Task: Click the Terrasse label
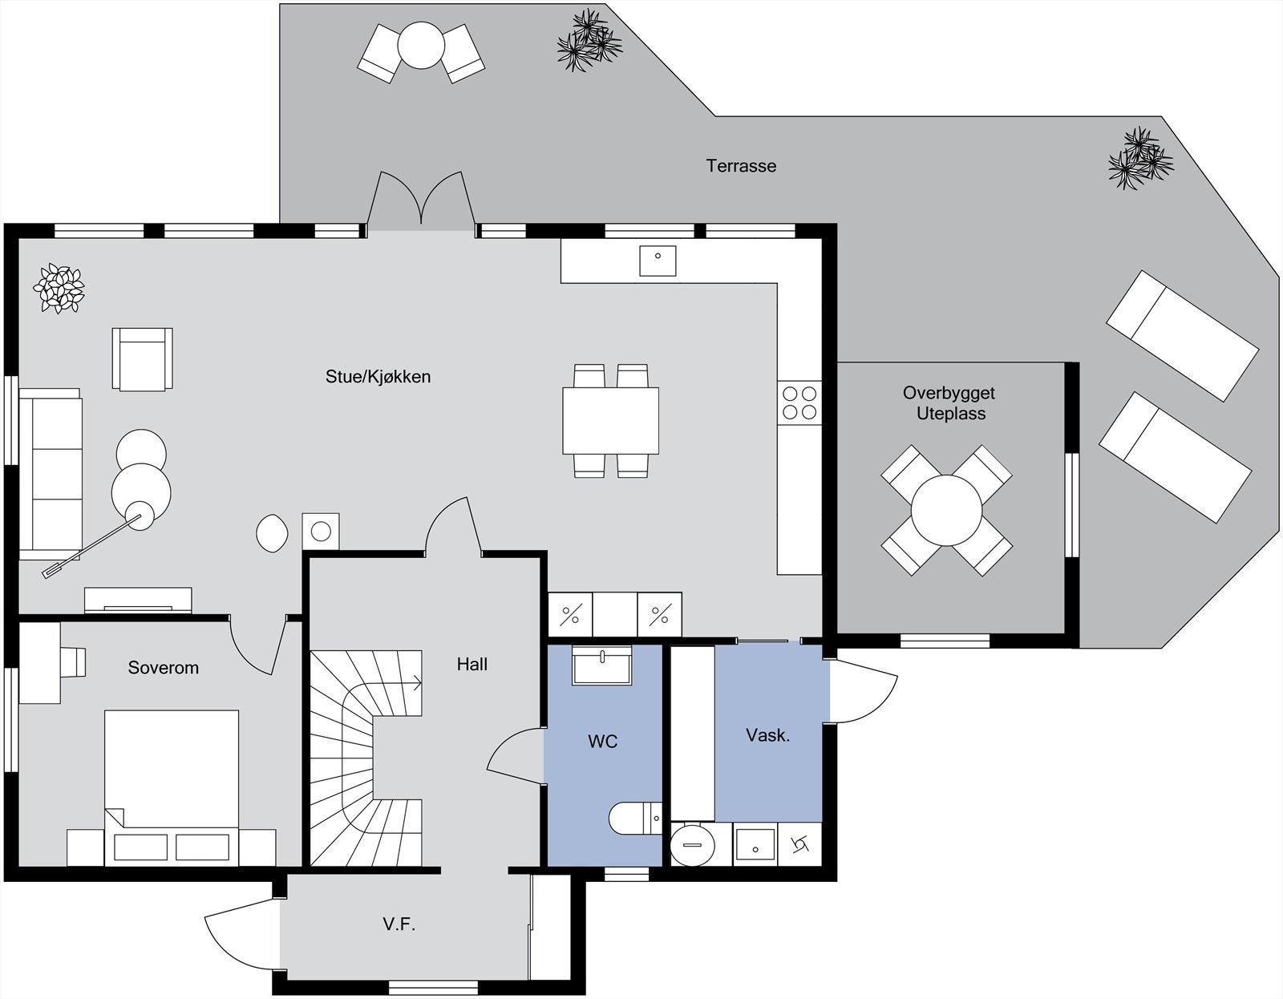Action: tap(741, 166)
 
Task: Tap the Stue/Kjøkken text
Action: tap(378, 377)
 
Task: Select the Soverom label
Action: tap(163, 667)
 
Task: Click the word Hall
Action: tap(472, 665)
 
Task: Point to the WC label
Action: tap(603, 741)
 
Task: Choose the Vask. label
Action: tap(767, 735)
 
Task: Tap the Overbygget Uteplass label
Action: tap(949, 403)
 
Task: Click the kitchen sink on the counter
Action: tap(658, 261)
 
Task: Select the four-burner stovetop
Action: tap(799, 402)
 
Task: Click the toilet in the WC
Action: tap(635, 818)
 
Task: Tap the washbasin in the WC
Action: tap(601, 665)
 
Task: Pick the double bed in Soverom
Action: tap(172, 788)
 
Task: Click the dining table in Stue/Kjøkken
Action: tap(610, 421)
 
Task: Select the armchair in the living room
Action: tap(142, 359)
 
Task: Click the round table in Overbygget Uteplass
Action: tap(946, 511)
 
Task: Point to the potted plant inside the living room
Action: tap(59, 288)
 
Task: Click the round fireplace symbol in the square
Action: tap(321, 532)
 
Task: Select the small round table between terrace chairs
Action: tap(421, 46)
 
